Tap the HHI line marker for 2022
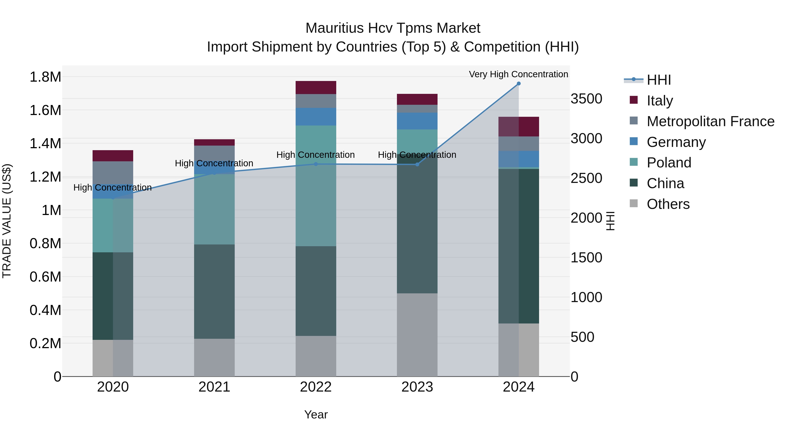[x=316, y=164]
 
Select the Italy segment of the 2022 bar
[x=316, y=88]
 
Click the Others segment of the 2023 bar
[x=417, y=335]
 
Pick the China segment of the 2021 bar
[x=214, y=291]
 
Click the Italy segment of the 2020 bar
[x=113, y=156]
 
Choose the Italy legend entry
[x=659, y=100]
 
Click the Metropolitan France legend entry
[x=710, y=121]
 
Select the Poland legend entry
[x=669, y=163]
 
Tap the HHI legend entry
[x=659, y=80]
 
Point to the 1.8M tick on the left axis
[x=45, y=77]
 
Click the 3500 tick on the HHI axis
[x=586, y=99]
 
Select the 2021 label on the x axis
[x=214, y=387]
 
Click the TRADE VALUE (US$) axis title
[x=7, y=221]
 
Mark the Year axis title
[x=316, y=414]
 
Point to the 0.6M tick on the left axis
[x=45, y=277]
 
